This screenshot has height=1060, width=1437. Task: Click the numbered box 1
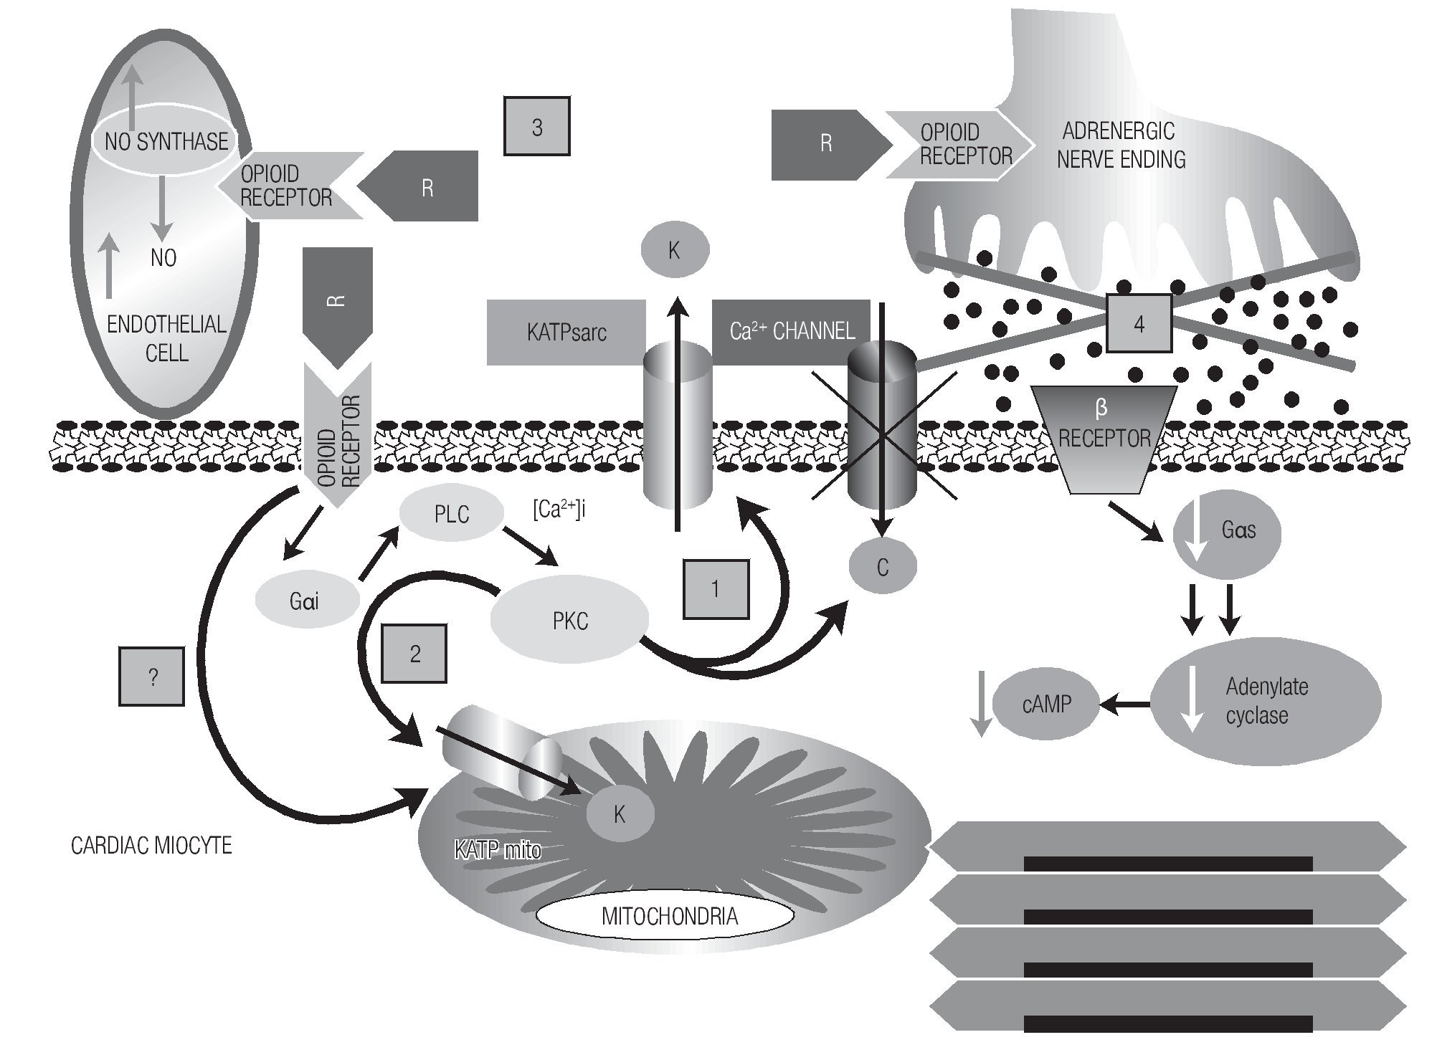coord(715,589)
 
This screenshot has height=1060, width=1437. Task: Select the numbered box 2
coord(414,654)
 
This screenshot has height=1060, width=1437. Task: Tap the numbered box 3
coord(536,128)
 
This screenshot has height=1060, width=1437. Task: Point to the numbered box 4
coord(1139,324)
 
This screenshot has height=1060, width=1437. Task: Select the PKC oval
coord(570,621)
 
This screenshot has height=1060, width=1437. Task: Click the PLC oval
coord(451,514)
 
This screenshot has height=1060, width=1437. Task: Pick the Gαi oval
coord(306,601)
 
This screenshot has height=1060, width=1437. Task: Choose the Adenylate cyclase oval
coord(1266,701)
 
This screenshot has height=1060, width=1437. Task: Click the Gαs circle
coord(1225,531)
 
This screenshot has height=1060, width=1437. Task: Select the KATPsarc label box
coord(566,333)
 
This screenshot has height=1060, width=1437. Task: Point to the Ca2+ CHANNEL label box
coord(791,330)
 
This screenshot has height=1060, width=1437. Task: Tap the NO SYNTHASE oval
coord(166,141)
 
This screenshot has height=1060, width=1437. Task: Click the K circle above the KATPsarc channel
coord(674,250)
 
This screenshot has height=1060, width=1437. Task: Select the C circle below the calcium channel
coord(882,568)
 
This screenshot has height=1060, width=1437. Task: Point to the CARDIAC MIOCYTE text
coord(151,846)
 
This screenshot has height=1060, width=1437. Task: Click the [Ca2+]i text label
coord(559,510)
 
